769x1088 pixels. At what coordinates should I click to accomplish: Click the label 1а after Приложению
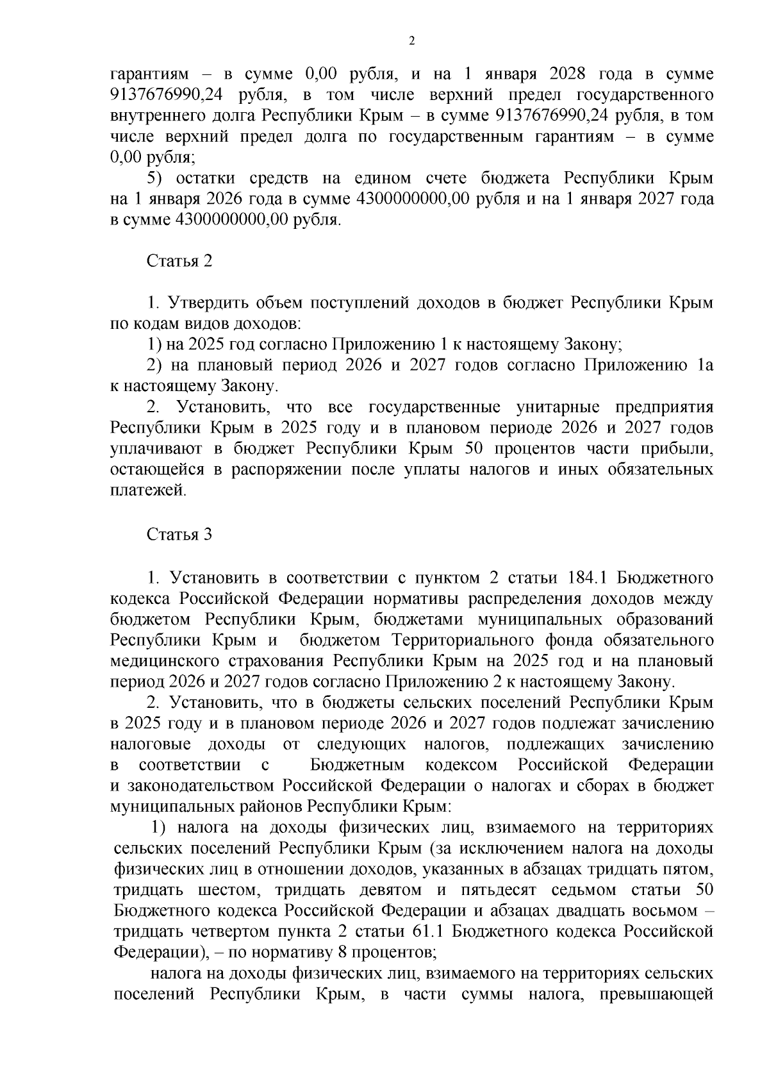pyautogui.click(x=704, y=365)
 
